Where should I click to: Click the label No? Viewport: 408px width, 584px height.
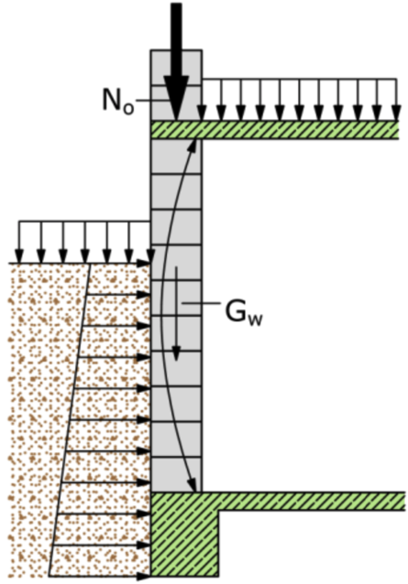coord(118,101)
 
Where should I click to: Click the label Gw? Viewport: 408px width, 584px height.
coord(244,312)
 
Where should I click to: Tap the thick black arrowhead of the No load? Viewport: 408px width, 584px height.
coord(176,98)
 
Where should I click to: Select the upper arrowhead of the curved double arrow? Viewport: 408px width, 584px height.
coord(192,146)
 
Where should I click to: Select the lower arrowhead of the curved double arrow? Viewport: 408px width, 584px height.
coord(192,484)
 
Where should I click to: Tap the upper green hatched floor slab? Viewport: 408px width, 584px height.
coord(274,130)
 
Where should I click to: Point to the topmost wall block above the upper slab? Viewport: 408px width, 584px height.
coord(176,68)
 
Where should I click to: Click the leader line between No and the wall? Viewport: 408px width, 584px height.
coord(149,100)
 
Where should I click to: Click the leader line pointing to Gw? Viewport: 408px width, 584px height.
coord(202,304)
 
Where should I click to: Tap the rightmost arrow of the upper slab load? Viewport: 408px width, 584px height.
coord(396,100)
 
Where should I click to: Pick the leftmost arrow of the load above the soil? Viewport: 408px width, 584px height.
coord(19,242)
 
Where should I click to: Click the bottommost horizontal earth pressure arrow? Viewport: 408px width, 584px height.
coord(100,577)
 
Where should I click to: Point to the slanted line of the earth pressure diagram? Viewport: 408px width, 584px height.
coord(70,420)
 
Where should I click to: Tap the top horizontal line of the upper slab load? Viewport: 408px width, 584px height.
coord(299,79)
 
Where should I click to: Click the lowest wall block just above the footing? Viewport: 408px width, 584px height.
coord(176,474)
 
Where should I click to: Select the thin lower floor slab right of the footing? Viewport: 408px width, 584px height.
coord(312,501)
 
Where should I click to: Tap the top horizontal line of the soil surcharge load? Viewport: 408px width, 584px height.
coord(84,222)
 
